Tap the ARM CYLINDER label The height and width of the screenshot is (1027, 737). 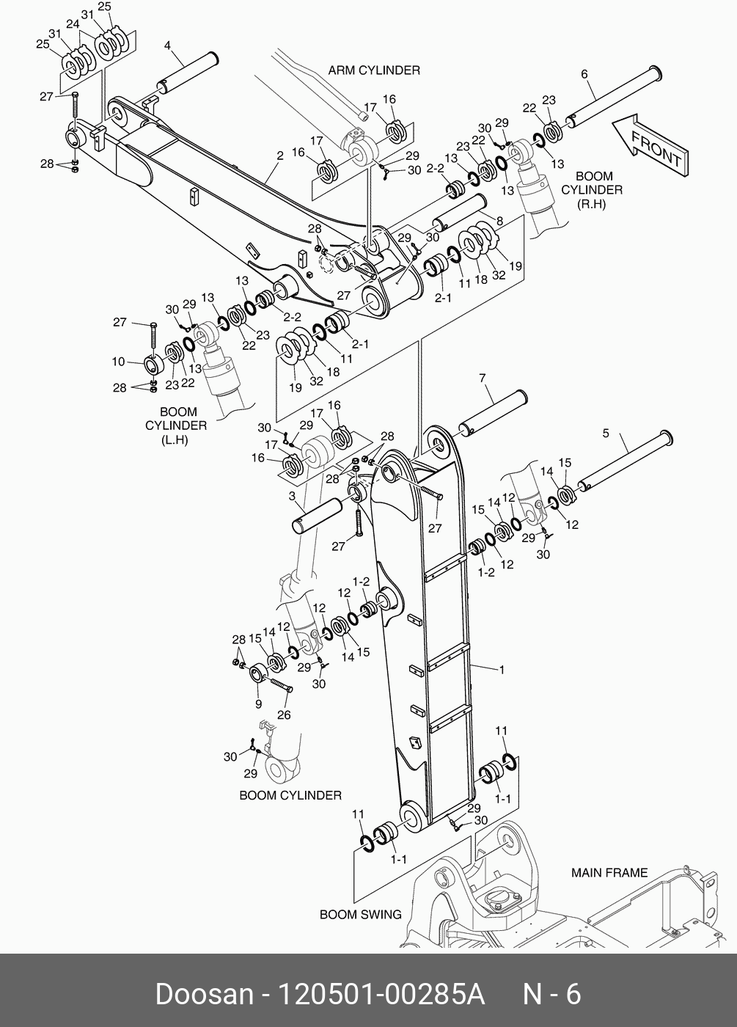coord(374,70)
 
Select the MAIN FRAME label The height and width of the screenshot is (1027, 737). coord(609,873)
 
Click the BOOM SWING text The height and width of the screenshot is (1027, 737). coord(360,915)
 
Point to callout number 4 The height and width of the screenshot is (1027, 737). coord(167,46)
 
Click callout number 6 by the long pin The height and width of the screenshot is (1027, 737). coord(584,73)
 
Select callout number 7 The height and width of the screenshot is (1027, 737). coord(483,379)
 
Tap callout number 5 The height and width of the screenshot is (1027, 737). coord(606,434)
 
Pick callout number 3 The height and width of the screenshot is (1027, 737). coord(291,497)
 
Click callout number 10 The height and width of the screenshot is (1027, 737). coord(118,362)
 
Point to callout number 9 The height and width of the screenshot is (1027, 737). coord(258,704)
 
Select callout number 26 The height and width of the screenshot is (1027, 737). coord(283,715)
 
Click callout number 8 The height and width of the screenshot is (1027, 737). coord(499,221)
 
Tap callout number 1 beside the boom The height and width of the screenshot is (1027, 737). coord(502,669)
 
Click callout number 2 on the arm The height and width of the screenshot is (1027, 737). coord(279,156)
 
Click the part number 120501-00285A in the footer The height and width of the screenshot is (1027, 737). coord(380,995)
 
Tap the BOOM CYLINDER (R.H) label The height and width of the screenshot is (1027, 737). coord(592,190)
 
